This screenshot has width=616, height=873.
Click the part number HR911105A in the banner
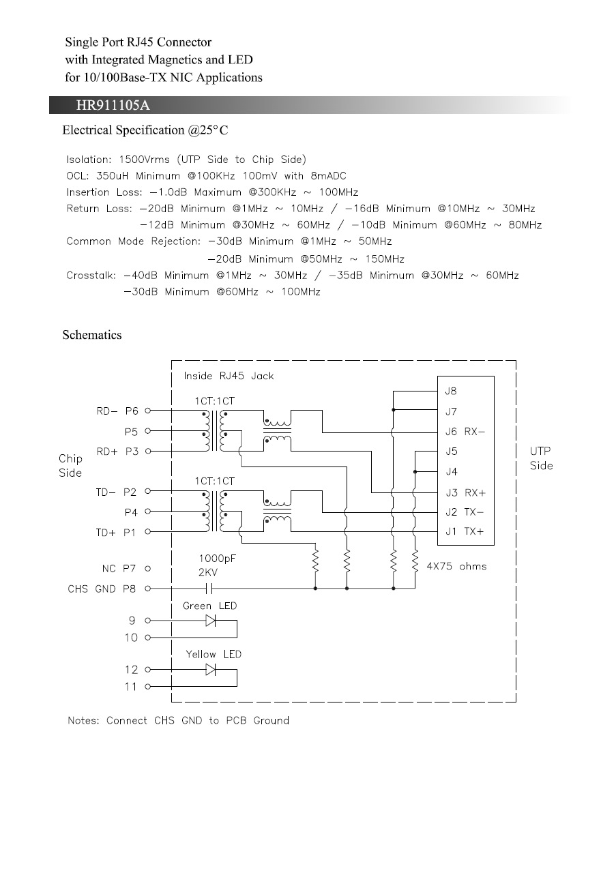pos(113,105)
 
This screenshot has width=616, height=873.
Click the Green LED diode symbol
pos(211,621)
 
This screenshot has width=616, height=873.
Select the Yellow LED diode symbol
pos(211,670)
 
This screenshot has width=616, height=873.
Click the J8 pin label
pos(450,391)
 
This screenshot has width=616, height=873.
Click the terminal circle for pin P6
pos(148,411)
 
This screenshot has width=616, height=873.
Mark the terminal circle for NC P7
pos(148,567)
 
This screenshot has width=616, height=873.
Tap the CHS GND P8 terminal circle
pos(148,588)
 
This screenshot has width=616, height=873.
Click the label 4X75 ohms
pos(456,566)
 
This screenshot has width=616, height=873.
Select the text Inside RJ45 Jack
pos(229,376)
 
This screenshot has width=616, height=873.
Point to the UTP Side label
pos(541,458)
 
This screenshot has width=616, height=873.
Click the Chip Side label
pos(70,466)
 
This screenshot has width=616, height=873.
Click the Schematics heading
pos(92,335)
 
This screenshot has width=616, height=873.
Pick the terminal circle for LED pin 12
pos(148,670)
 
